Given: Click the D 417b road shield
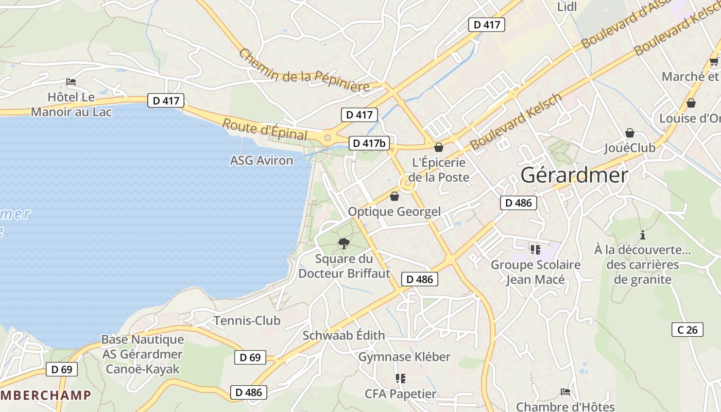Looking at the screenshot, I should coord(369,143).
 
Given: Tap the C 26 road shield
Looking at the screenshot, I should coord(688,330).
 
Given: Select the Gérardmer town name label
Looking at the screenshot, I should coord(574,176).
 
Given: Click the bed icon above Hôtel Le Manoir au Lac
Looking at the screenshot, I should coord(71,82).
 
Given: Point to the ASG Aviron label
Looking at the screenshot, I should coord(261,161).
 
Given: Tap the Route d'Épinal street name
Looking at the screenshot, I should coord(265,129).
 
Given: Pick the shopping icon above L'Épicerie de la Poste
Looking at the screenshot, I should coord(439,148).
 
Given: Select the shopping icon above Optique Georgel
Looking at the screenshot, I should coord(394,196).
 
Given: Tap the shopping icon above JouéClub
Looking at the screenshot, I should coord(629,133).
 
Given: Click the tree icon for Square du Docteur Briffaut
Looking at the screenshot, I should coord(344,244).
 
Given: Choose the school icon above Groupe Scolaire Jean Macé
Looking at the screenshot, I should coord(535,250).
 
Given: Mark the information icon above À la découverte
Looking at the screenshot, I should coord(642,235).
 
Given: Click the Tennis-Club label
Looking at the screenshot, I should coord(247,321).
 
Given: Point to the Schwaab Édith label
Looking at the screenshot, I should coord(344,335).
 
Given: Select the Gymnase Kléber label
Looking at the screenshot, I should coord(404,357).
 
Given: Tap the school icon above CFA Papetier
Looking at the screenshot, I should coord(400,379).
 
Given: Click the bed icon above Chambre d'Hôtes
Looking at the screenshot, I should coord(565,392).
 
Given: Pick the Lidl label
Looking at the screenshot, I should coord(567,7).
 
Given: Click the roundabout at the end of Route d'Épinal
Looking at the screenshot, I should coord(328,138).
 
